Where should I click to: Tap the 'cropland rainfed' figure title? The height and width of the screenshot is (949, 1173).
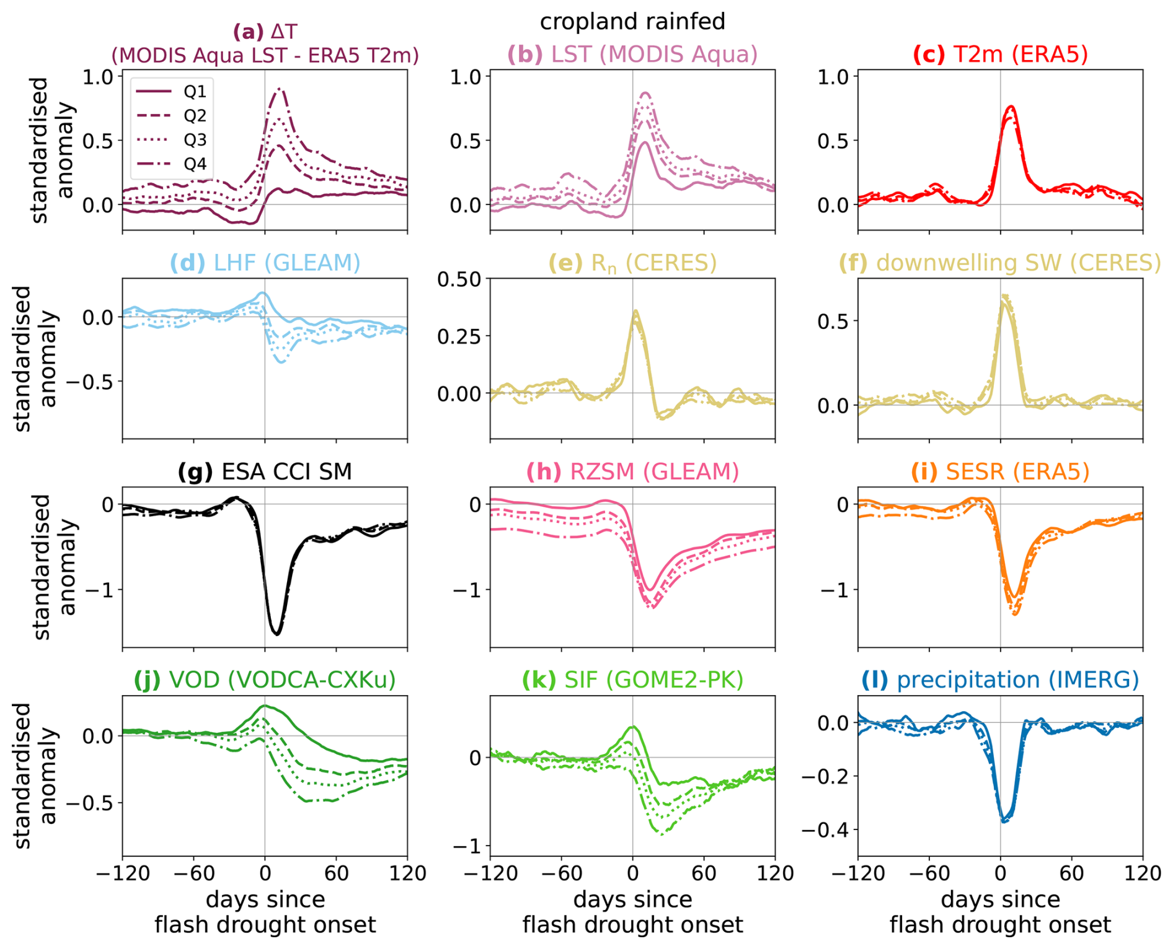[x=632, y=22]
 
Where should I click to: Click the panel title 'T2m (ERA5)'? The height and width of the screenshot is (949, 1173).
[x=1000, y=55]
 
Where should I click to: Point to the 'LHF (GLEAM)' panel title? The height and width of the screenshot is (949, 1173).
[x=265, y=263]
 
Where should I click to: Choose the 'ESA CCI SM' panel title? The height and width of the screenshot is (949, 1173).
[x=265, y=471]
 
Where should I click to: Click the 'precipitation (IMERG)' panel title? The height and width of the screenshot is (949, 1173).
[x=1000, y=680]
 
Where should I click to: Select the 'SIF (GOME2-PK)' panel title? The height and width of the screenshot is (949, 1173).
[x=632, y=680]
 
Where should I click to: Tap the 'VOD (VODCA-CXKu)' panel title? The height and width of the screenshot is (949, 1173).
[x=265, y=680]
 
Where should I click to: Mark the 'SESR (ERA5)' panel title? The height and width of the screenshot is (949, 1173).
[x=1000, y=471]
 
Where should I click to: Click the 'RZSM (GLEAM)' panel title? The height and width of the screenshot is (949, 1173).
[x=632, y=471]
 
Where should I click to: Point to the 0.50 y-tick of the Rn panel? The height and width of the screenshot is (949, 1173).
[x=459, y=279]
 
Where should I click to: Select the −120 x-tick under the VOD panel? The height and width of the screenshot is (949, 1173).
[x=123, y=873]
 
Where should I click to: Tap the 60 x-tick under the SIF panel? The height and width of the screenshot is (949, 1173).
[x=704, y=873]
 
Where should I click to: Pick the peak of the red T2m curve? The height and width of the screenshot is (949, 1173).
[x=1011, y=107]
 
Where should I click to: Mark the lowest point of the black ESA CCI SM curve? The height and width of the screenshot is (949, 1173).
[x=277, y=634]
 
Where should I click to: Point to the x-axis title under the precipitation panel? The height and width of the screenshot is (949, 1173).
[x=1000, y=912]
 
